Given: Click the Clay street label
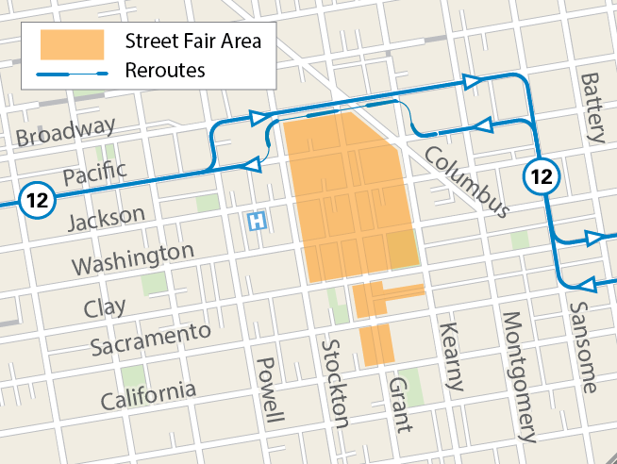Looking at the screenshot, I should [104, 307].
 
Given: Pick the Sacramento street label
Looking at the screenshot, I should [150, 339].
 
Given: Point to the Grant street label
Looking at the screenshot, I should [401, 404].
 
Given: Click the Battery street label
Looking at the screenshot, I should [592, 108].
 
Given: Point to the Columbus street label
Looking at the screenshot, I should [466, 181].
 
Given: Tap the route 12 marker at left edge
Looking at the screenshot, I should [36, 201].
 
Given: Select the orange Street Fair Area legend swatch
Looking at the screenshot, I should [72, 43].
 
